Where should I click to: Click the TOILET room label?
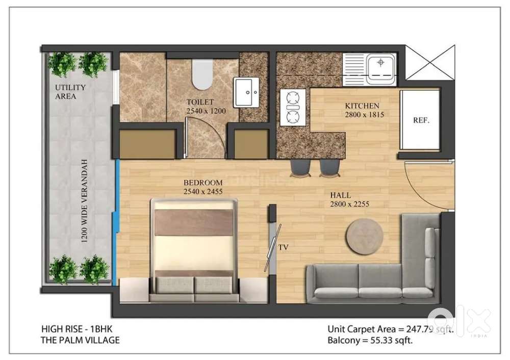(x=200, y=102)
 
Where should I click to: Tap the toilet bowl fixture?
(x=201, y=74)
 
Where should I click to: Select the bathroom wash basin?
(x=246, y=92)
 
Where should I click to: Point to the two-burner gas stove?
(x=293, y=107)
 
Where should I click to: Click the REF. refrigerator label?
(x=421, y=120)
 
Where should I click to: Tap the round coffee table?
(x=364, y=235)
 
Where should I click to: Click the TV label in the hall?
(x=283, y=247)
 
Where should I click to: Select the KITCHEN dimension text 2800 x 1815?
(x=364, y=114)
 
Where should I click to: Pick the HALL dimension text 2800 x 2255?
(x=349, y=204)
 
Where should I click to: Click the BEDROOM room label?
(x=203, y=183)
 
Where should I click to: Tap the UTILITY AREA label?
(x=70, y=92)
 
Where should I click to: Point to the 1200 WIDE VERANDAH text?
(x=85, y=201)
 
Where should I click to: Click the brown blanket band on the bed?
(x=194, y=222)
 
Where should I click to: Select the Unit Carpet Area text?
(x=390, y=329)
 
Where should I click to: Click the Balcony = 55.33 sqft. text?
(x=370, y=341)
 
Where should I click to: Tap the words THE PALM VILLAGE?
(x=80, y=340)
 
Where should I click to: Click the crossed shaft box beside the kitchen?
(x=430, y=62)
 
